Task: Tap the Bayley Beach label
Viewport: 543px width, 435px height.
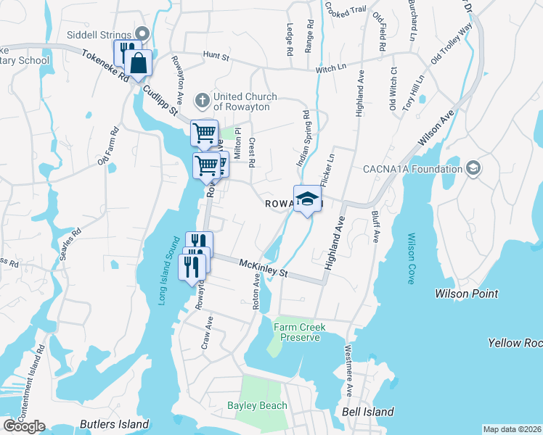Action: click(x=257, y=406)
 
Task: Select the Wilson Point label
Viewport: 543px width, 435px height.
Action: click(x=466, y=294)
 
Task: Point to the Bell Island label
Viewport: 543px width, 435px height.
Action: click(x=367, y=412)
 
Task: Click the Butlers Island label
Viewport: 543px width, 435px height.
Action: click(x=109, y=423)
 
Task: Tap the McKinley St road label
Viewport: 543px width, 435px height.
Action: click(x=264, y=270)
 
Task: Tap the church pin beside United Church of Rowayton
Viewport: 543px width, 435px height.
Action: click(x=204, y=97)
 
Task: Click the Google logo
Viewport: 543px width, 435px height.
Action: click(x=24, y=426)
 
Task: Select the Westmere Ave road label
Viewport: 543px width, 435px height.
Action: click(x=349, y=378)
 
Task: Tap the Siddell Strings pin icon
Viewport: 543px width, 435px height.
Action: click(x=142, y=33)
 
